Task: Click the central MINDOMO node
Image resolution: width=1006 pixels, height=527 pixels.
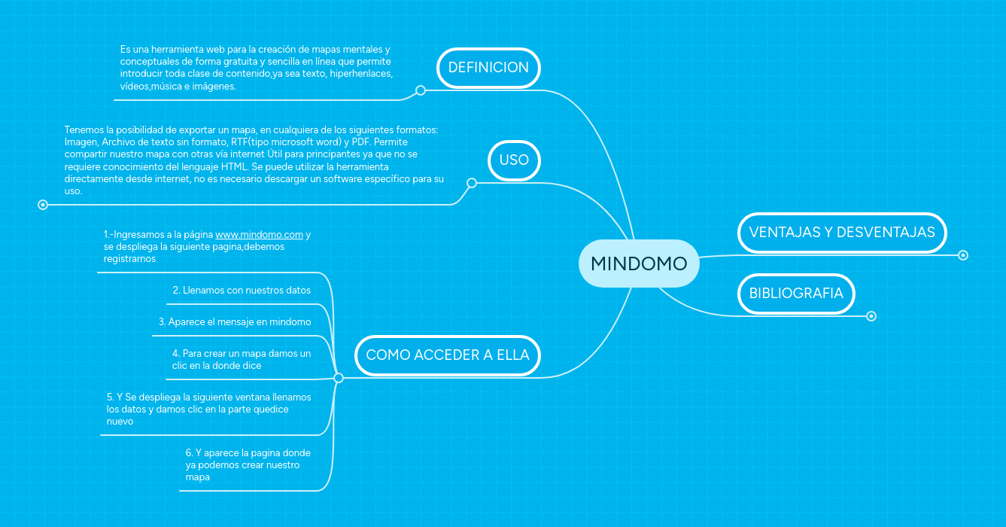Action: coord(639,263)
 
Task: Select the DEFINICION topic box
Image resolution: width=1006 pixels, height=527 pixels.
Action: coord(488,67)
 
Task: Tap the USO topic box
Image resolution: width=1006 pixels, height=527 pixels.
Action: coord(514,160)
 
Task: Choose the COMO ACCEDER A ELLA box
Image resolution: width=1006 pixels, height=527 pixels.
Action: coord(448,355)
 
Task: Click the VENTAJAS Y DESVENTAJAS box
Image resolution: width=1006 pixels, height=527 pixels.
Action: coord(841,232)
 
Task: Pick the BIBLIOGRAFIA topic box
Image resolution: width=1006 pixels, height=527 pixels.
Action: coord(796,293)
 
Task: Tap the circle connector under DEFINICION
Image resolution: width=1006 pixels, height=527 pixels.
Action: coord(421,90)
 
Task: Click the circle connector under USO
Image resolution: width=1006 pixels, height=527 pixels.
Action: coord(472,183)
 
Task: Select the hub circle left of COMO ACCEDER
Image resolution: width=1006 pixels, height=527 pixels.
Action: coord(339,378)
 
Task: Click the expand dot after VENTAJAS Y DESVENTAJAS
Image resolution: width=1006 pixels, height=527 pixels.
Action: coord(962,255)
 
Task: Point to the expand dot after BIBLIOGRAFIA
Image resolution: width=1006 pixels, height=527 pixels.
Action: coord(871,316)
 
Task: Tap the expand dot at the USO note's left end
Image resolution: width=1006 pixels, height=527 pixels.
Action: coord(43,204)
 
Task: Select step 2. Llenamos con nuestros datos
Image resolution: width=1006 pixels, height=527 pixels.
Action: coord(242,290)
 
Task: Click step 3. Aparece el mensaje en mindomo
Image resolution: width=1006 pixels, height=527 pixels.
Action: coord(235,321)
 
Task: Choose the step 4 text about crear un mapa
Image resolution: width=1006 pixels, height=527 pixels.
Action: coord(241,359)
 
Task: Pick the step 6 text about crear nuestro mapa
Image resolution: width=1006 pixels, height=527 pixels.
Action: coord(248,465)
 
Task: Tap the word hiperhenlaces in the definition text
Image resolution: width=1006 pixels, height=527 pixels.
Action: coord(361,74)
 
